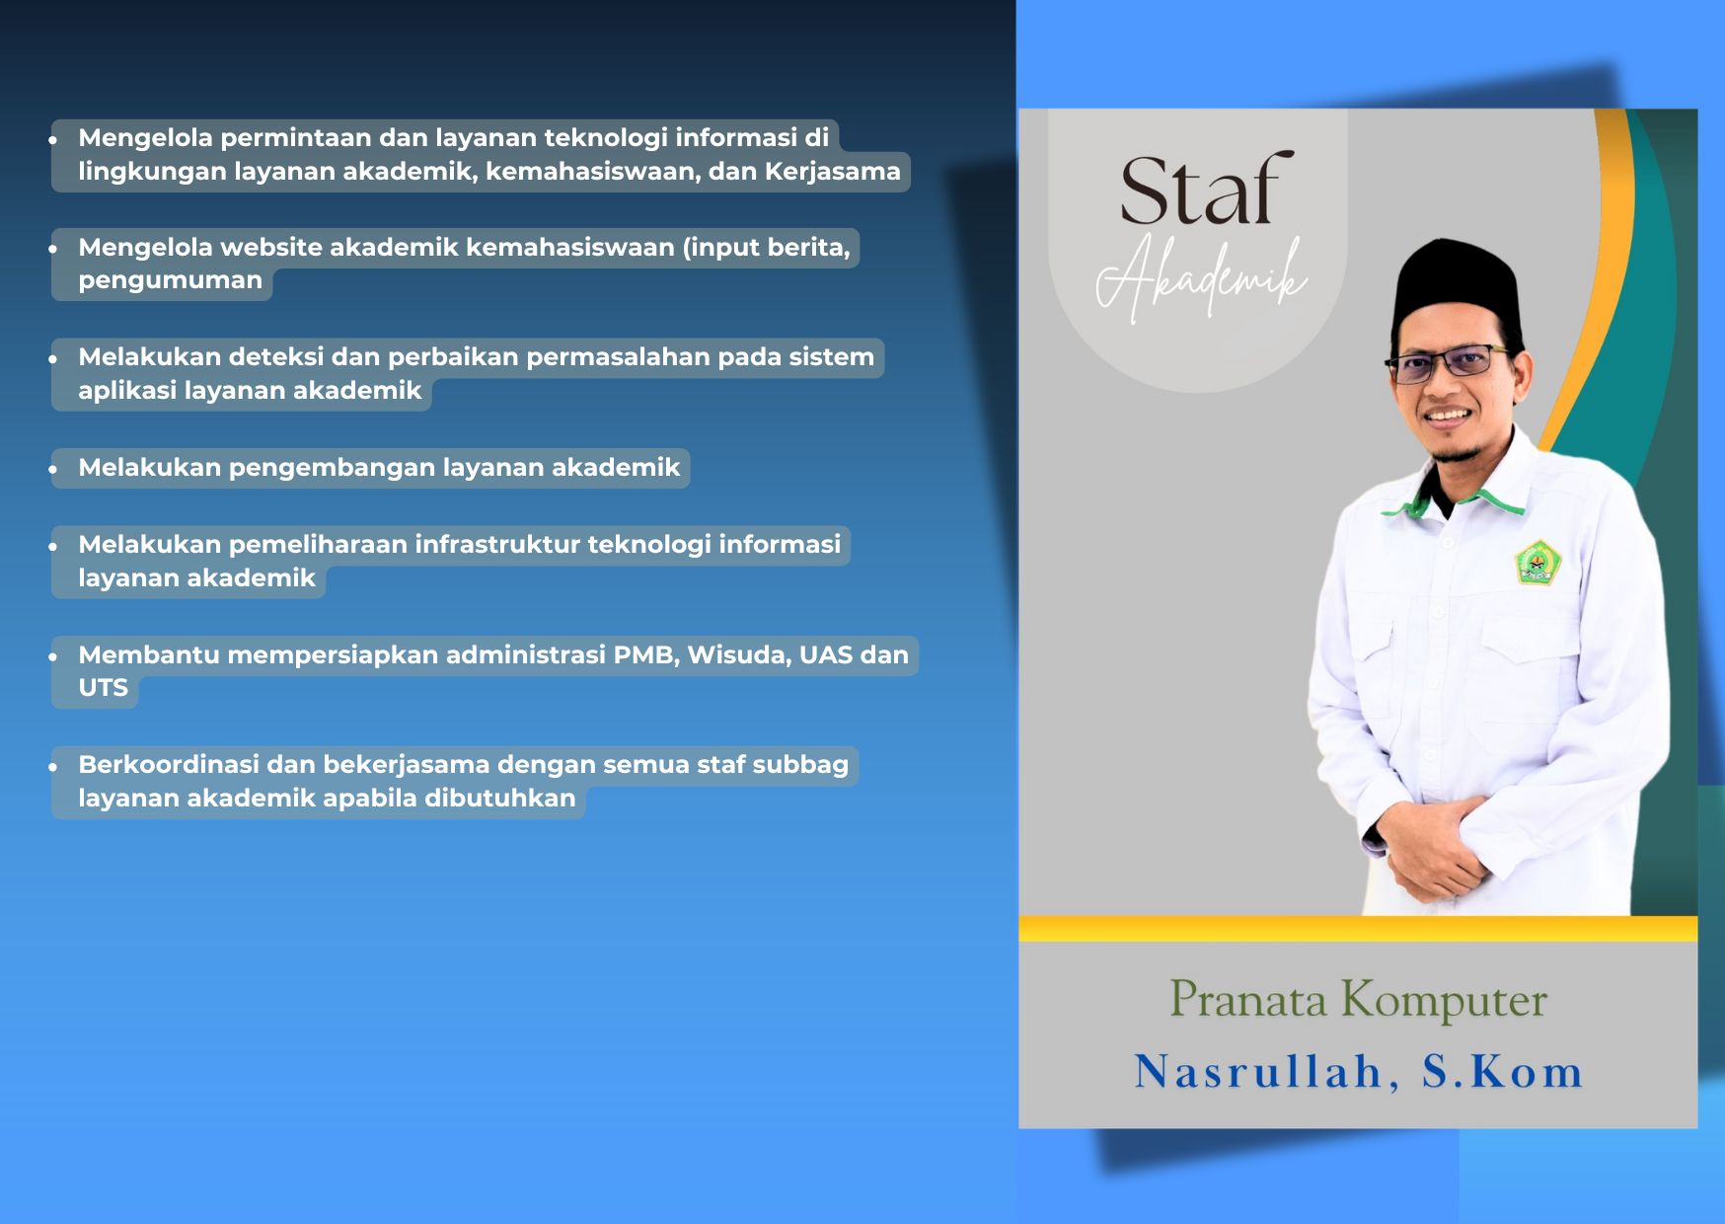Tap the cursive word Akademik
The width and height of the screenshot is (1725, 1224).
(1202, 279)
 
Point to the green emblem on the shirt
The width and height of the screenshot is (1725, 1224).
(1537, 563)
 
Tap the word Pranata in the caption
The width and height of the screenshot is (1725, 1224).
(1248, 999)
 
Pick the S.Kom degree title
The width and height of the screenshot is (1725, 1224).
(1502, 1072)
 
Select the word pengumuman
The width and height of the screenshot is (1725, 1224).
(170, 281)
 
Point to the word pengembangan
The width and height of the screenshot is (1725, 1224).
(332, 469)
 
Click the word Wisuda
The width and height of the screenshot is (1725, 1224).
(738, 655)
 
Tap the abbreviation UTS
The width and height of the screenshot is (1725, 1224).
(103, 688)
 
